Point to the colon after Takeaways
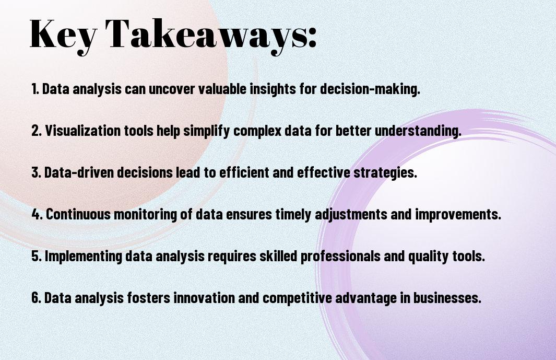click(312, 38)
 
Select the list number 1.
click(35, 89)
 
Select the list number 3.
click(36, 172)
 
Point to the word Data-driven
click(79, 172)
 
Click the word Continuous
click(78, 214)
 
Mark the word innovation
click(204, 297)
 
